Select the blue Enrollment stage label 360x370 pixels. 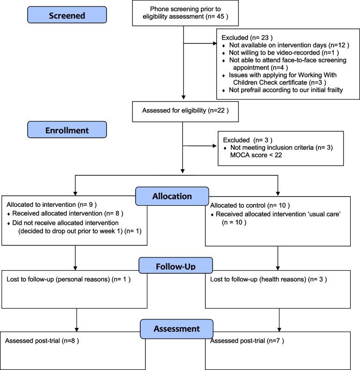pos(67,130)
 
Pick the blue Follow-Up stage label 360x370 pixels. pos(176,267)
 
